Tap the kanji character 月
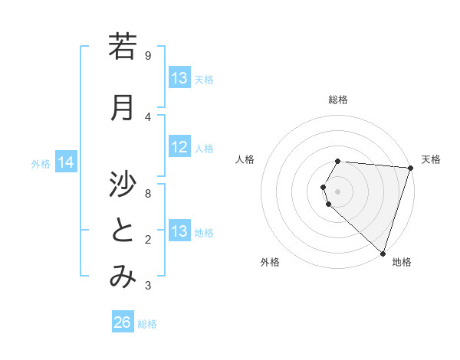123,108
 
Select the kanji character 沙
123,184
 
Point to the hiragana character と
123,231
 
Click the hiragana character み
123,277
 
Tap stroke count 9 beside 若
148,55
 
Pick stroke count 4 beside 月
148,116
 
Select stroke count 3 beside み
148,286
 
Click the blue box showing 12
179,147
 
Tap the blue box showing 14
66,162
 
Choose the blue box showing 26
123,322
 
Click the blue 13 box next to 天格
179,78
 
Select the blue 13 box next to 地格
179,231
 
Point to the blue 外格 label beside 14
41,163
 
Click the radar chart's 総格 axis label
338,100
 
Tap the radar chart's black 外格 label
270,262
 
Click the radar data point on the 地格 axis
382,252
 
